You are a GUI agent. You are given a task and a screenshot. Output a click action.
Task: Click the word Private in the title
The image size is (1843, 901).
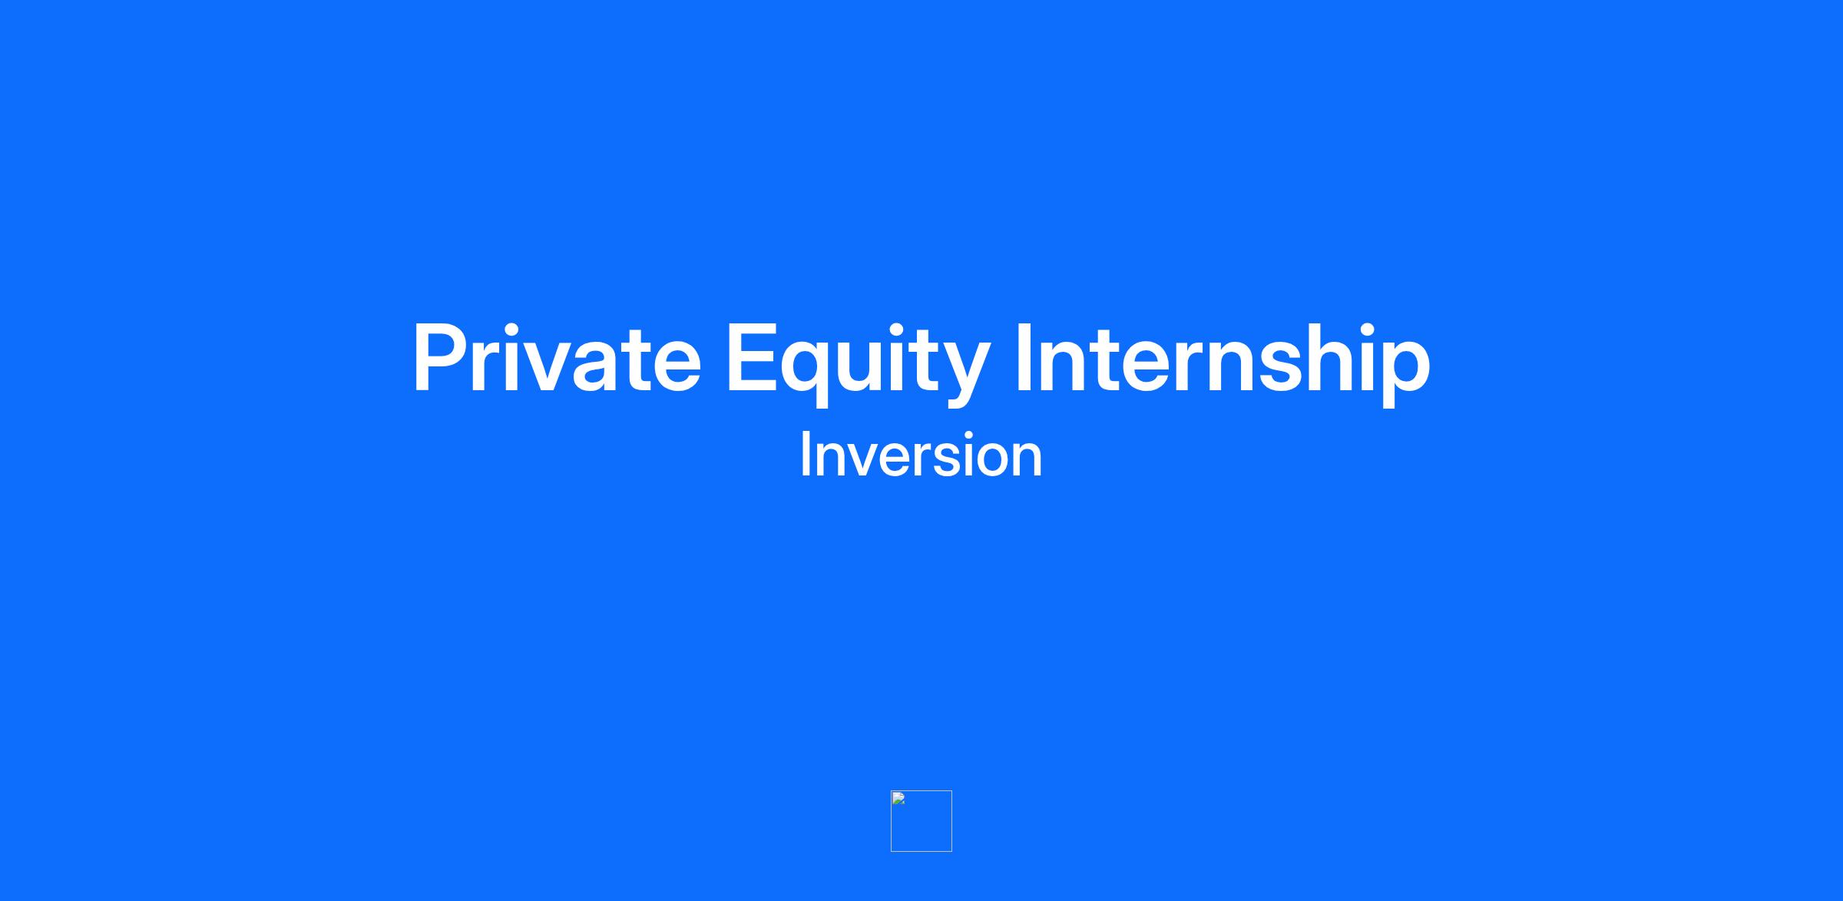(557, 357)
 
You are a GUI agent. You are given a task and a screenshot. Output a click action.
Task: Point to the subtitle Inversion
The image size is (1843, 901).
(921, 455)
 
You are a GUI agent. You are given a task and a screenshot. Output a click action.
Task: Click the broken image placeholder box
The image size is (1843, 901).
(921, 821)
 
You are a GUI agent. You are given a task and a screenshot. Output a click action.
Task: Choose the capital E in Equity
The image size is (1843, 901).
(750, 358)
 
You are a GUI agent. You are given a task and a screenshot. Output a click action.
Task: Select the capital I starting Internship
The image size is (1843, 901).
(1023, 358)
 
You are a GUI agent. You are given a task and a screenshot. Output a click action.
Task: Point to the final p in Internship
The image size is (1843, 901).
(1407, 374)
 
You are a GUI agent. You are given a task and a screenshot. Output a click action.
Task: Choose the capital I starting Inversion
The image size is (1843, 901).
(804, 455)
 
